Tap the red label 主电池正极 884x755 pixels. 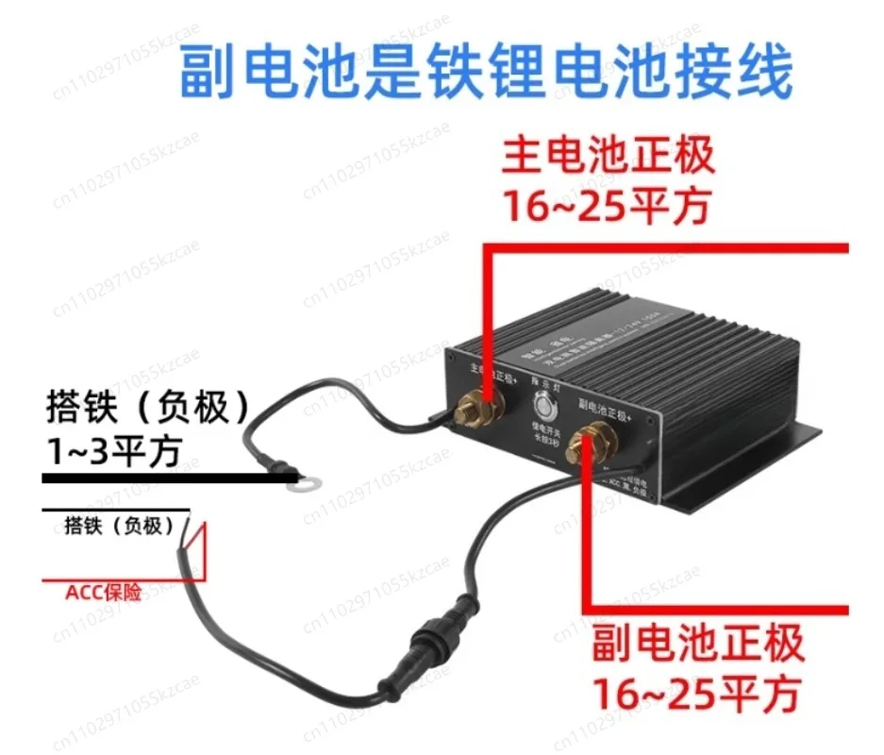coord(609,157)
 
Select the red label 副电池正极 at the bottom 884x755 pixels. coord(698,645)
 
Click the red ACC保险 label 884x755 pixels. coord(103,594)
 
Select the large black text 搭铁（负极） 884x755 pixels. coord(151,409)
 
